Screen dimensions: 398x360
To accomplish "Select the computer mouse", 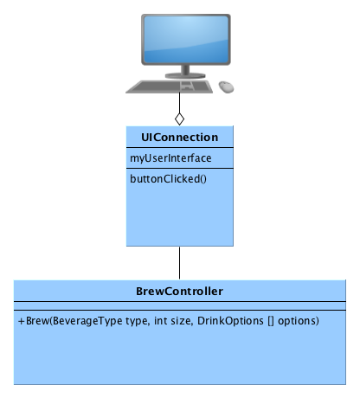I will click(227, 87).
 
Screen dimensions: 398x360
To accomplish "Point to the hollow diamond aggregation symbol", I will click(180, 116).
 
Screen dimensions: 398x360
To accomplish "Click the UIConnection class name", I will click(180, 138).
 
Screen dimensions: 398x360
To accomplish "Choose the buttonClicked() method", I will click(168, 179).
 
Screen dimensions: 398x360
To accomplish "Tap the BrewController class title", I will click(180, 290).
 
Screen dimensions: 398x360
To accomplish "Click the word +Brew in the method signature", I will click(32, 321).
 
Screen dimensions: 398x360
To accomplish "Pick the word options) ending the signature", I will click(299, 321).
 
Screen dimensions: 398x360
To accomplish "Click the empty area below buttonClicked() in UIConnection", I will click(180, 216).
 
